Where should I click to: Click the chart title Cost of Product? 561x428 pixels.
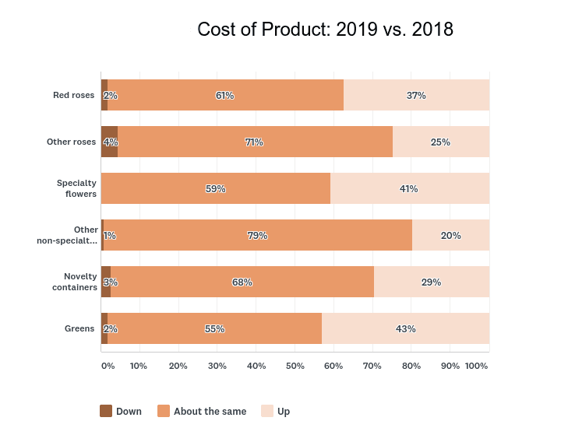(x=325, y=30)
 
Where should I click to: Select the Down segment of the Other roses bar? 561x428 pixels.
(x=109, y=142)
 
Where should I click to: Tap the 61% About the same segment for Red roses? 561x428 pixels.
(x=225, y=95)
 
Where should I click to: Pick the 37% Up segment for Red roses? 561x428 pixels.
(x=416, y=95)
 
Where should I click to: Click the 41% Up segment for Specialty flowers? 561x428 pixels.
(x=409, y=188)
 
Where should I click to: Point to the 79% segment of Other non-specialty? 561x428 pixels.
(x=258, y=235)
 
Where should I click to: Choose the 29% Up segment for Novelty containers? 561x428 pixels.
(x=431, y=282)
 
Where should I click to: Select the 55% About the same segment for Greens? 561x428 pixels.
(x=215, y=328)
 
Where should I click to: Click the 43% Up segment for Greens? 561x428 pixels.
(x=405, y=328)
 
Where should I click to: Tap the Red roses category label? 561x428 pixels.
(x=73, y=95)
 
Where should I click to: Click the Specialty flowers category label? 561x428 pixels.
(x=76, y=188)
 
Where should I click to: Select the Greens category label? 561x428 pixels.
(x=79, y=328)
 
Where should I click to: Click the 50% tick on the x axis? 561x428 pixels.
(x=295, y=366)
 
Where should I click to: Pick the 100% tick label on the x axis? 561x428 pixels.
(x=476, y=366)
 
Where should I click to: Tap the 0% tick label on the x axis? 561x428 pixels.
(x=108, y=366)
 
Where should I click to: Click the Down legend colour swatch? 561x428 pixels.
(x=106, y=411)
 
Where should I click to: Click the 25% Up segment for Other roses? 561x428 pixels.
(x=440, y=142)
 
